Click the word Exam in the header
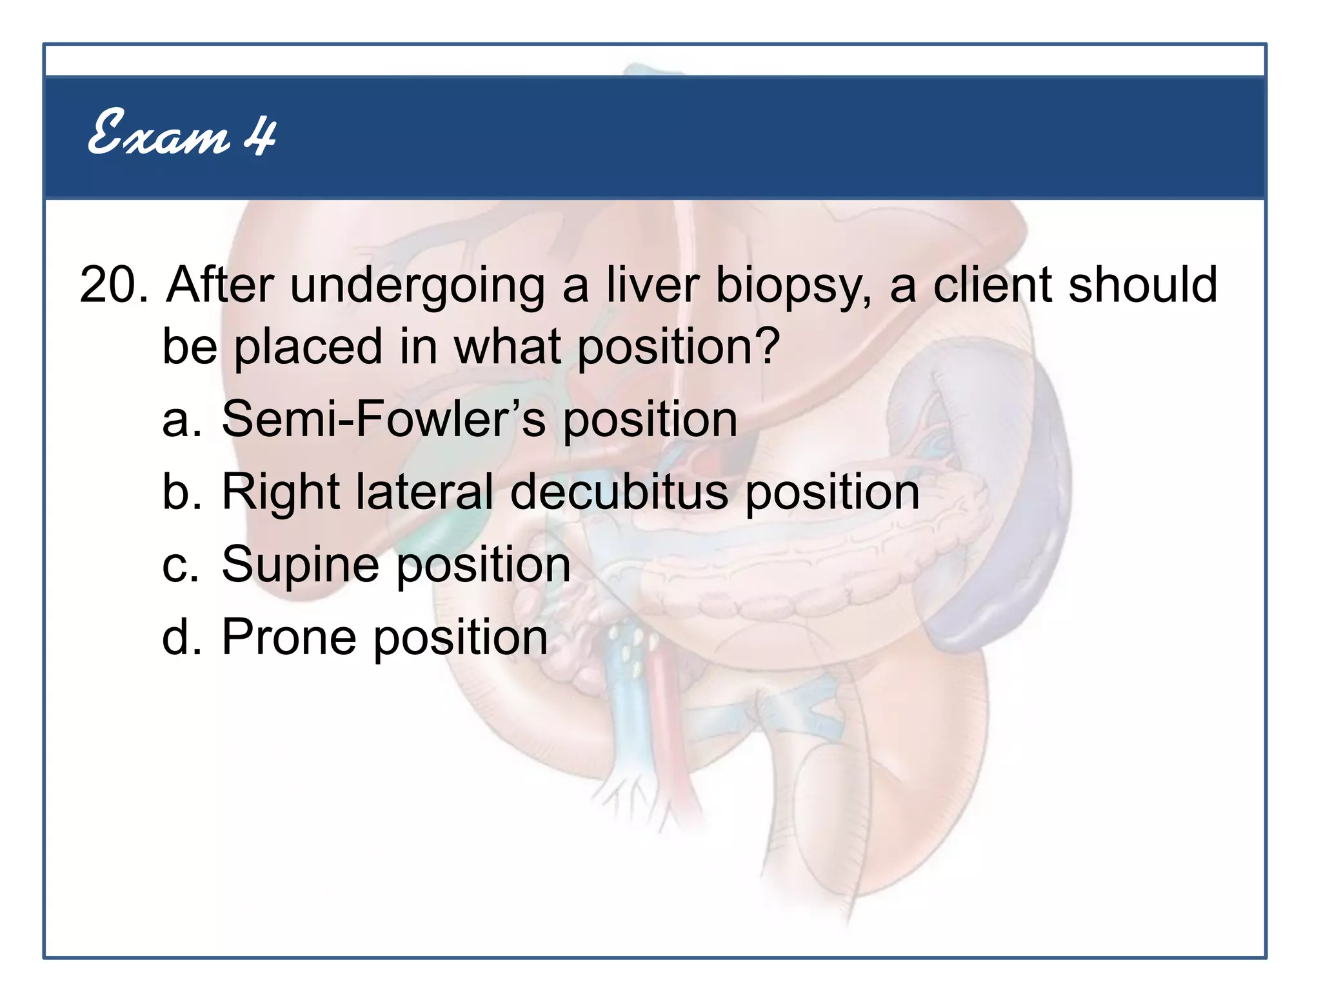point(158,134)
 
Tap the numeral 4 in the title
point(260,135)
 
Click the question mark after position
point(767,346)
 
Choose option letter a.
point(178,420)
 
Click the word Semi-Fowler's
point(383,419)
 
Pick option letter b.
point(179,492)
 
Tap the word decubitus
point(619,492)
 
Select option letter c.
point(179,565)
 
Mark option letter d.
point(179,637)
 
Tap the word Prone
point(288,637)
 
